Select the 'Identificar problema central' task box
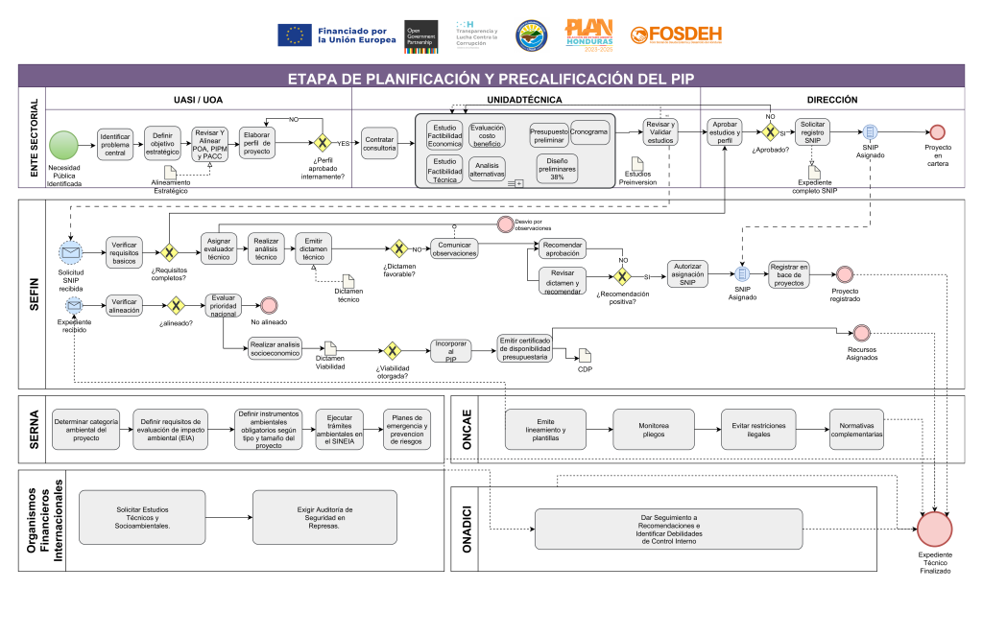[x=115, y=144]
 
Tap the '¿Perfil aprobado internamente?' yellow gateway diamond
[x=324, y=143]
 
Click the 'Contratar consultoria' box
[x=379, y=144]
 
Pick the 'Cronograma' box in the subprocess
[x=588, y=132]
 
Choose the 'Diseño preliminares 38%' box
[x=557, y=168]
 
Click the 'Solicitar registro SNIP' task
[x=812, y=133]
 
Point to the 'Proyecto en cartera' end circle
[x=937, y=131]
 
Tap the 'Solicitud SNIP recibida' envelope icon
[x=70, y=252]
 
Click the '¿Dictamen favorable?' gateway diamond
[x=398, y=248]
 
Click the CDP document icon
[x=585, y=356]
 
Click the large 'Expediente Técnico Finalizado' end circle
[x=936, y=529]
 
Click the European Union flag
[x=294, y=35]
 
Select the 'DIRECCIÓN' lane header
[x=831, y=99]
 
